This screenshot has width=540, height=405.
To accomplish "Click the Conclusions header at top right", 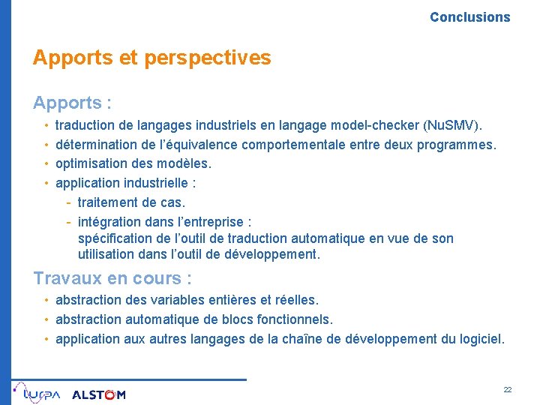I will point(469,16).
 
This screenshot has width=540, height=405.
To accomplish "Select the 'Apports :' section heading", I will point(72,102).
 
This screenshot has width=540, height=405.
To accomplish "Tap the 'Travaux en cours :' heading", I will point(112,278).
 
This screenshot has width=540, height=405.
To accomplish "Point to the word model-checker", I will point(377,124).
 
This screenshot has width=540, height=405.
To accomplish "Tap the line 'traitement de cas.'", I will point(131,202).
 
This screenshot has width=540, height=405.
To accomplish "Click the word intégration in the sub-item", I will point(109,221).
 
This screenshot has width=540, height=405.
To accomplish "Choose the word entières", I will point(232,300).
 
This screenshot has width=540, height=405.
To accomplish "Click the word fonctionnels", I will point(293,319).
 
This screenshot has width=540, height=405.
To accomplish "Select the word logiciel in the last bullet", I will point(481,339).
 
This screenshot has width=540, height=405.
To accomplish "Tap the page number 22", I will point(508,390).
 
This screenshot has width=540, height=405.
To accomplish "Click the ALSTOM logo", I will point(99,394).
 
